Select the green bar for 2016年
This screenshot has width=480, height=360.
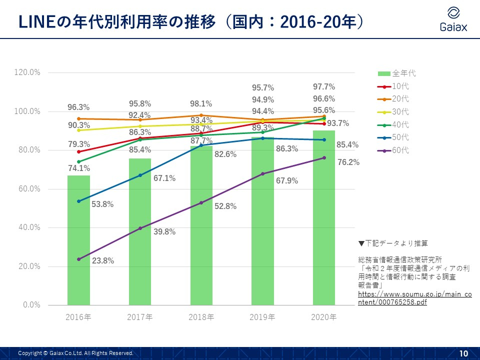point(78,240)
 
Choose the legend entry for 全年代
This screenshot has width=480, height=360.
point(397,73)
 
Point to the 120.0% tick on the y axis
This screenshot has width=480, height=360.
point(28,72)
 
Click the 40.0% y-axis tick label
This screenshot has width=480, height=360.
point(29,227)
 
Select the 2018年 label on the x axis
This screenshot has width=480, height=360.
point(201,317)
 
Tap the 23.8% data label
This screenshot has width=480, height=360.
point(103,260)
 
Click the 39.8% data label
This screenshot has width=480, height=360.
point(164,232)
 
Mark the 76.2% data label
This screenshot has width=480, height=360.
point(348,162)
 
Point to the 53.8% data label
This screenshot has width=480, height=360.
point(102,204)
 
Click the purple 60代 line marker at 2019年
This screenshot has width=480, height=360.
point(262,174)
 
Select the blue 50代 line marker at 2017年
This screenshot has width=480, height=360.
point(140,175)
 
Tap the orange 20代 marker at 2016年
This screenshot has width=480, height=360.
point(78,119)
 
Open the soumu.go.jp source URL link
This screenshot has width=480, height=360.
point(414,298)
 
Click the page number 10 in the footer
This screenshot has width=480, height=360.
point(463,353)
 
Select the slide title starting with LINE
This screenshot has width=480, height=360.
point(190,21)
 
